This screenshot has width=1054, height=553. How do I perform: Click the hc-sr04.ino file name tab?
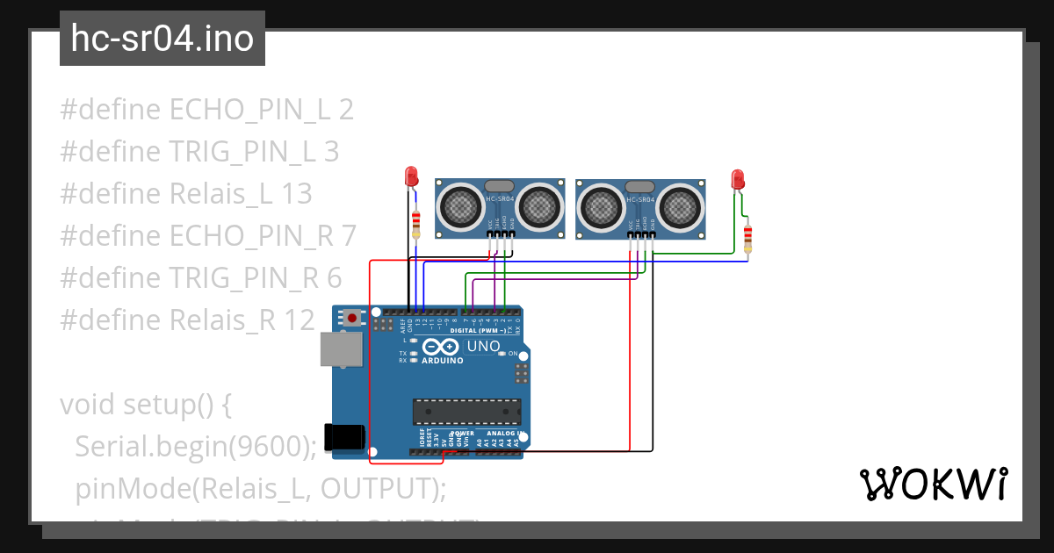[x=162, y=39]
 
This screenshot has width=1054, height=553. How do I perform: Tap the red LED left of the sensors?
[x=410, y=176]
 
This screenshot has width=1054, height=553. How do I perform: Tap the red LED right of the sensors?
[x=738, y=180]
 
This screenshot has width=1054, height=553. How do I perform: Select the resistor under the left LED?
[x=415, y=224]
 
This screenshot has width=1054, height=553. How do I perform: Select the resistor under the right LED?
[x=747, y=237]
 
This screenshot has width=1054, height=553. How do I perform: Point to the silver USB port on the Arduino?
[x=340, y=349]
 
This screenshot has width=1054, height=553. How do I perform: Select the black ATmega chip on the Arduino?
[x=466, y=411]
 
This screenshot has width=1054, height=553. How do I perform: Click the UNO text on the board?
[x=483, y=346]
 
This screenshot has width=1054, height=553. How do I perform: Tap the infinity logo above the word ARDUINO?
[x=443, y=347]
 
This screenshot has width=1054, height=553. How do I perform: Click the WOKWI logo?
[x=933, y=484]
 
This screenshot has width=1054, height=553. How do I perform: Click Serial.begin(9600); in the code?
[x=195, y=446]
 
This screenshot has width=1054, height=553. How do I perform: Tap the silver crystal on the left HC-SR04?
[x=499, y=186]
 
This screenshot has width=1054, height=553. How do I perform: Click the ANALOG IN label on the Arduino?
[x=502, y=434]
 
